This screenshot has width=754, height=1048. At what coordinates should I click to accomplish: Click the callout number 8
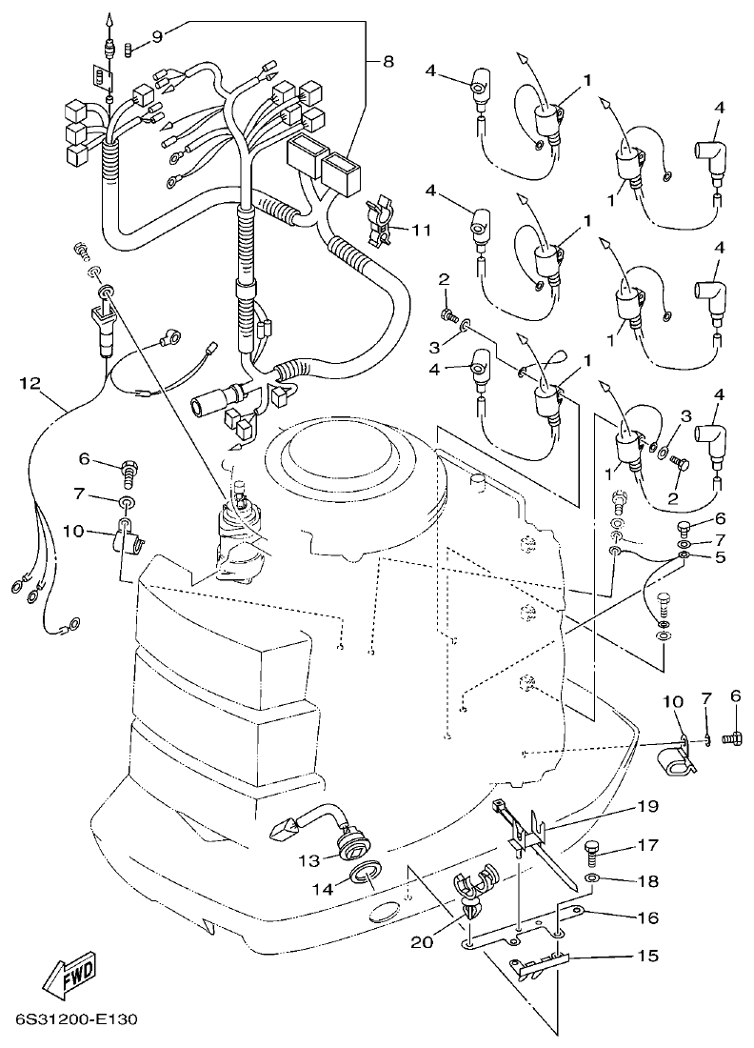387,62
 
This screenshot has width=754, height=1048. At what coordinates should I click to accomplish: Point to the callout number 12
30,383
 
